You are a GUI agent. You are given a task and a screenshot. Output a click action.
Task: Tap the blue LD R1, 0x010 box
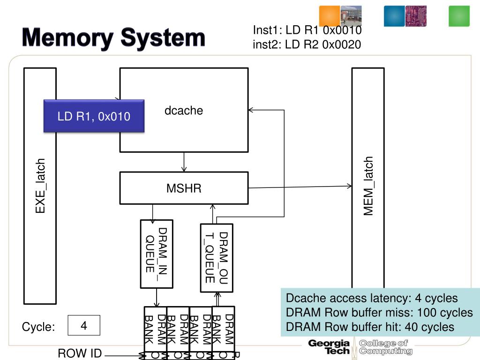94,116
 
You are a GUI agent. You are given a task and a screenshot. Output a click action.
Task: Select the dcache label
184,111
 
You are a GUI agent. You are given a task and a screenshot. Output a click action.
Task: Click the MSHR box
184,188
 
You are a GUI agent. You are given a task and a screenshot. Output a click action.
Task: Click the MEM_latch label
369,186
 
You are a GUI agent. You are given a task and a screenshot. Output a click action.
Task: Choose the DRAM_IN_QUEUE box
157,254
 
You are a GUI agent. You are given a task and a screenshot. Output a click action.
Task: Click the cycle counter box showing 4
84,325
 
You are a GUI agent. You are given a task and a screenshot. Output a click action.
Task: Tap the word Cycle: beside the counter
38,327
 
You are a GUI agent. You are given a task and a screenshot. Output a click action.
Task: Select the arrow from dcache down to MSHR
184,162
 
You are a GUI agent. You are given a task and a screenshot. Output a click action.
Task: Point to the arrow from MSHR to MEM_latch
300,187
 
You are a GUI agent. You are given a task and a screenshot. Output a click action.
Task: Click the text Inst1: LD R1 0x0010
307,30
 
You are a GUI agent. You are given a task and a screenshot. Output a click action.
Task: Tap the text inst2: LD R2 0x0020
307,45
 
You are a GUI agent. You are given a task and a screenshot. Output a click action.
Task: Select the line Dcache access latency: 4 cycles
372,299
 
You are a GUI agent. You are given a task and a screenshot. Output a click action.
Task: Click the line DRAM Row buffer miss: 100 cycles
379,313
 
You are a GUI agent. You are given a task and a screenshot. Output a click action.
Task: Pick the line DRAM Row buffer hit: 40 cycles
370,327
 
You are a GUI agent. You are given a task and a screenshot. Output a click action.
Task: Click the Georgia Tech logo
329,347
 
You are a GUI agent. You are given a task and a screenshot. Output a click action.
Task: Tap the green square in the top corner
459,16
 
